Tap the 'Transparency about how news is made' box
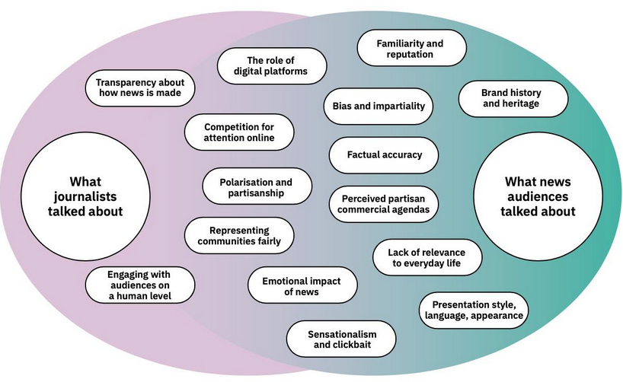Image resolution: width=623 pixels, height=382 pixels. pyautogui.click(x=140, y=88)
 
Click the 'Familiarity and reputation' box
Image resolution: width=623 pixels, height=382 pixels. pyautogui.click(x=411, y=49)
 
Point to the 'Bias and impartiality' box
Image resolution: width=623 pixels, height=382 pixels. pyautogui.click(x=379, y=106)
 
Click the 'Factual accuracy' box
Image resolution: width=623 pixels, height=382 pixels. pyautogui.click(x=384, y=154)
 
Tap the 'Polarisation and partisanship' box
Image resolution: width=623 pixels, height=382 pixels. pyautogui.click(x=257, y=188)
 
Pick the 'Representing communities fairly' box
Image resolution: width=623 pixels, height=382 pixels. pyautogui.click(x=240, y=236)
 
